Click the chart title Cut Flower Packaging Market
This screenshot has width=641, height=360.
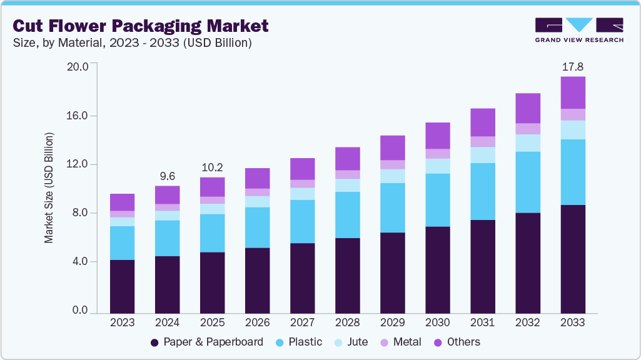point(141,26)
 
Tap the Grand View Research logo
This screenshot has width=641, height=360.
point(579,30)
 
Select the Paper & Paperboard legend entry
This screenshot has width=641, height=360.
point(206,342)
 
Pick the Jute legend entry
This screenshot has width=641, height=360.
point(351,342)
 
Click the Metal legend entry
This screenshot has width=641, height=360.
point(400,342)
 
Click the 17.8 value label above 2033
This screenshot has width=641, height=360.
point(573,66)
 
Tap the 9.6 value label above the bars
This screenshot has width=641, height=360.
point(168,176)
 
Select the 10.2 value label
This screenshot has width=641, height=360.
point(213,167)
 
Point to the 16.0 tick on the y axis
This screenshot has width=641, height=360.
point(79,116)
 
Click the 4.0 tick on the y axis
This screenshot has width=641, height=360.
point(79,261)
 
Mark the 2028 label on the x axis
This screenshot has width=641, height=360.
point(348,322)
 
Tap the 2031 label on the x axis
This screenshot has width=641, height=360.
point(483,322)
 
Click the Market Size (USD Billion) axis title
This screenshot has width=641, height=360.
point(49,187)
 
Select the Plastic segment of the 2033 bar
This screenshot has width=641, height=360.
point(573,172)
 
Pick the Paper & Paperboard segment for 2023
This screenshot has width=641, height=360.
point(123,286)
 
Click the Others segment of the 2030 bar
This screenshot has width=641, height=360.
point(438,136)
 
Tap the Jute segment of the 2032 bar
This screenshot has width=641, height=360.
point(528,143)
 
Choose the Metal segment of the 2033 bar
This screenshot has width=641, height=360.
point(573,114)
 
